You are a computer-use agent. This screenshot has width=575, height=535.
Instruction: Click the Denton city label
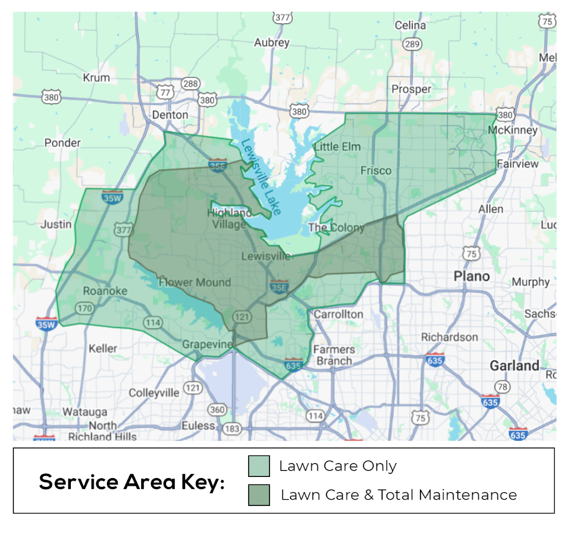[x=170, y=115]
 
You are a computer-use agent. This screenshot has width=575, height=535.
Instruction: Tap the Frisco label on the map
[x=376, y=171]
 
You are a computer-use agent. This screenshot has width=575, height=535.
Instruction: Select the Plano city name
[x=472, y=276]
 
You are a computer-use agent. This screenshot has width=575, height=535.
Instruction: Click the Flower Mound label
[x=195, y=283]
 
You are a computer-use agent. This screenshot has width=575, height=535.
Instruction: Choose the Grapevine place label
[x=207, y=344]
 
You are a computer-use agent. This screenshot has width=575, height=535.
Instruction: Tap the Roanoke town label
[x=105, y=291]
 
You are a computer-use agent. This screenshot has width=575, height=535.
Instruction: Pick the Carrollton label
[x=339, y=315]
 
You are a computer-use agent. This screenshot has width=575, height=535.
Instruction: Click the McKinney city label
[x=513, y=130]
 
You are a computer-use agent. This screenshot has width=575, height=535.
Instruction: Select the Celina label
[x=410, y=26]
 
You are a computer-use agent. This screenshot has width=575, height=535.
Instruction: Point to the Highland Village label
[x=229, y=219]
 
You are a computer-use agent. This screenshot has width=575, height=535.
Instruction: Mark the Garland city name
[x=514, y=366]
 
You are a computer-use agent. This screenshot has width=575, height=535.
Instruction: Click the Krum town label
[x=96, y=77]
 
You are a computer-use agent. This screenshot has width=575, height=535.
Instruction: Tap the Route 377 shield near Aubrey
[x=282, y=17]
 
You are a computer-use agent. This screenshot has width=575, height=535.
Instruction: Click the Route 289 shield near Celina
[x=412, y=44]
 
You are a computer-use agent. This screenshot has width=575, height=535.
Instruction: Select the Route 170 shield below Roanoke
[x=84, y=308]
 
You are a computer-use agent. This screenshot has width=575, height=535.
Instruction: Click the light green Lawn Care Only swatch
[x=258, y=466]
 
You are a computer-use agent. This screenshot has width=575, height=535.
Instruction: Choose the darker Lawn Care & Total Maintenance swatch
[x=258, y=495]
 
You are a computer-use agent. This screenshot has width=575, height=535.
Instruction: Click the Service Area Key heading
[x=132, y=482]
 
